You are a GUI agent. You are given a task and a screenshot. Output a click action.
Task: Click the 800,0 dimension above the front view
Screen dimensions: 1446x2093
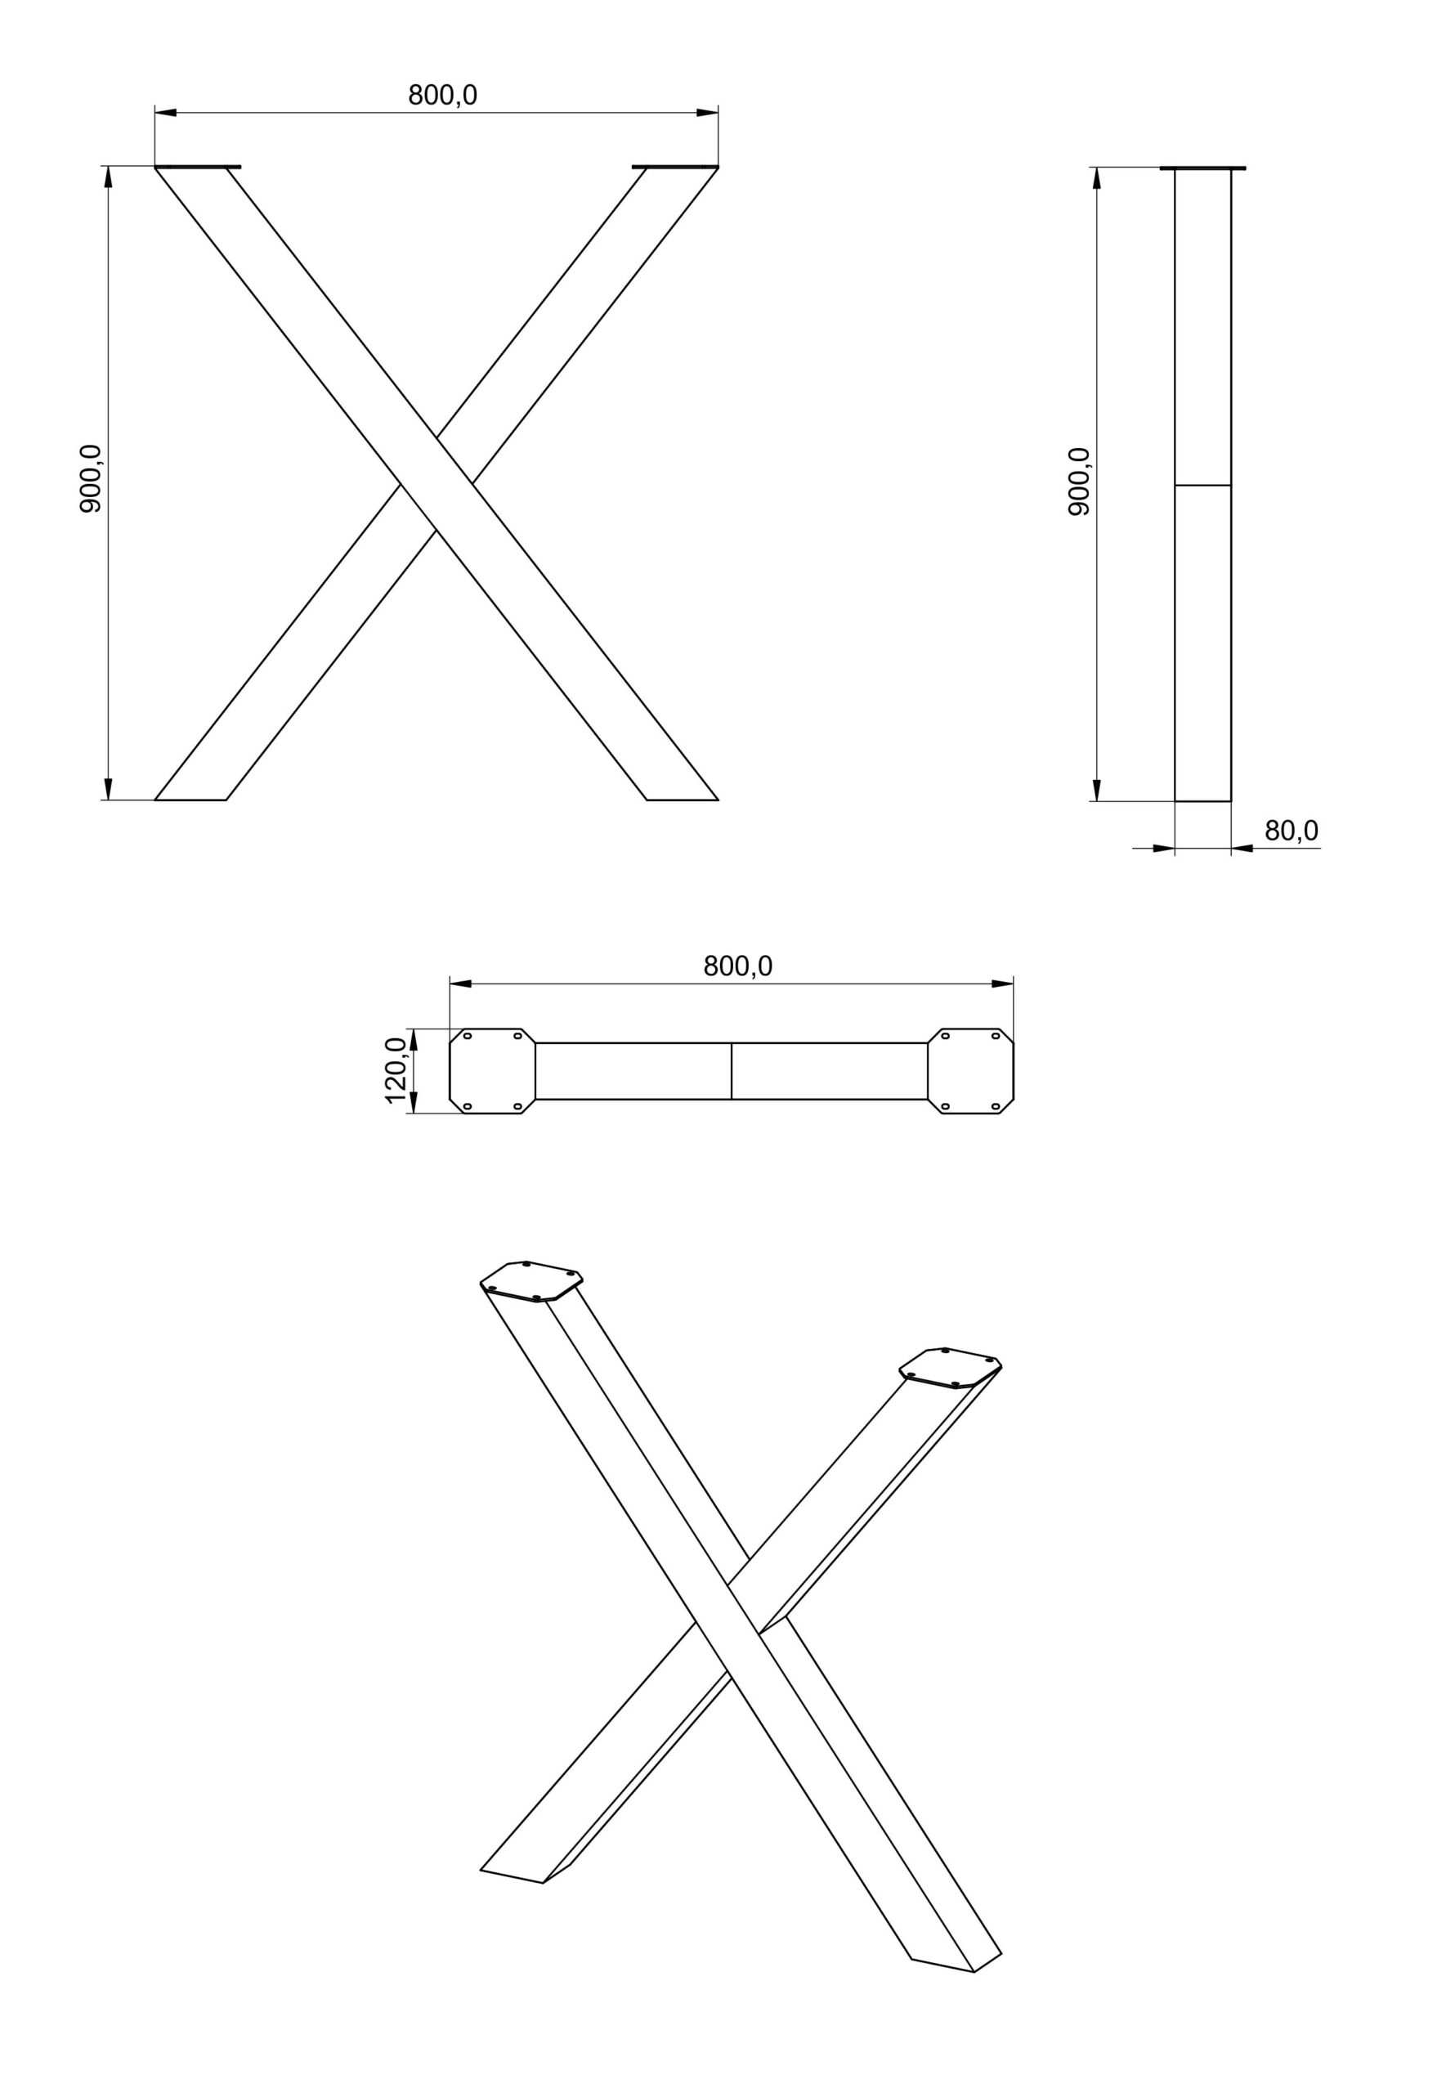coord(442,94)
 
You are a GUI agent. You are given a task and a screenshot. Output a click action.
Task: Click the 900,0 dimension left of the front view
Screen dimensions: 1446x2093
coord(91,479)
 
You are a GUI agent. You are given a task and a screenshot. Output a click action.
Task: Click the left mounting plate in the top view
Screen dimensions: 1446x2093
coord(493,1071)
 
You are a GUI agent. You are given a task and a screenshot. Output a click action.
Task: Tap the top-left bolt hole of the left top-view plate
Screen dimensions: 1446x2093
coord(468,1036)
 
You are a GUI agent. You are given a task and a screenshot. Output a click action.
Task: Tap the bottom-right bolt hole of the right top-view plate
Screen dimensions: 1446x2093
coord(995,1106)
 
